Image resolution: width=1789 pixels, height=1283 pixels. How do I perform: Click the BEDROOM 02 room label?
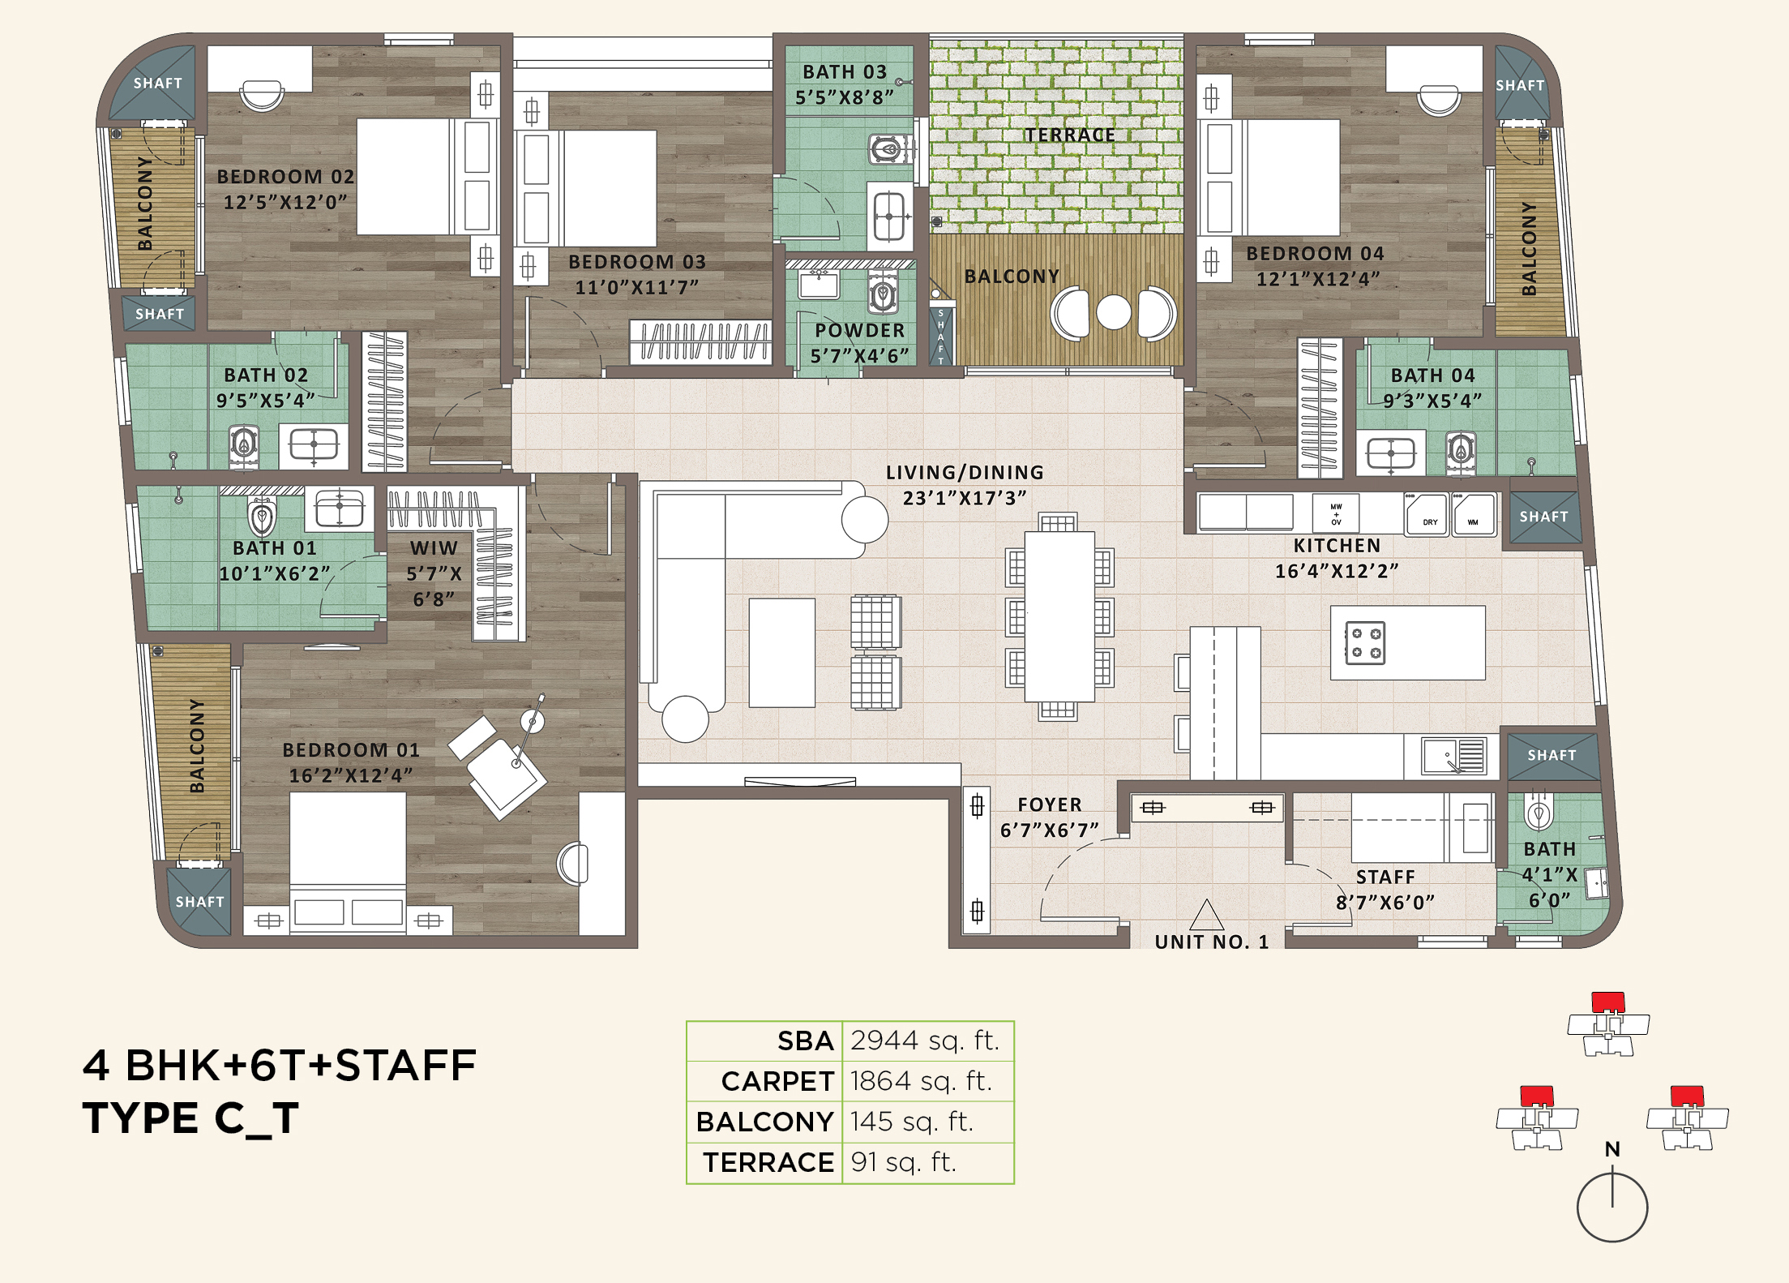tap(285, 177)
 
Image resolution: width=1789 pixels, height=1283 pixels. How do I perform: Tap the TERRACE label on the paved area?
tap(1069, 135)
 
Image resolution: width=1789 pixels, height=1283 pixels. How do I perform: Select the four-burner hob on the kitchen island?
tap(1365, 643)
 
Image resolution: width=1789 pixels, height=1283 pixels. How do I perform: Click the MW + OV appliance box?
tap(1336, 514)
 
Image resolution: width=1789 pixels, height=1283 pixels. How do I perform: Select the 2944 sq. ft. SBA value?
tap(924, 1041)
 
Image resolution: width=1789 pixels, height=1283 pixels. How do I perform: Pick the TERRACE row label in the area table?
tap(768, 1163)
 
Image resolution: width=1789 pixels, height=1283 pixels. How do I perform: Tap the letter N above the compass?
tap(1612, 1149)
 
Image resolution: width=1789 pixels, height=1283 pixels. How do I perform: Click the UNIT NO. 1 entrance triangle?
tap(1206, 916)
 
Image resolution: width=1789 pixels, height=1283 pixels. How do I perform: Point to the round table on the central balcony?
tap(1113, 312)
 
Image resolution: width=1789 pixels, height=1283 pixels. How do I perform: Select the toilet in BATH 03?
tap(887, 150)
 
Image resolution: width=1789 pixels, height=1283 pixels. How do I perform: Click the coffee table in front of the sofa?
tap(781, 653)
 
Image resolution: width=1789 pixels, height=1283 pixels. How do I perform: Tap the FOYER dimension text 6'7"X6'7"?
tap(1050, 830)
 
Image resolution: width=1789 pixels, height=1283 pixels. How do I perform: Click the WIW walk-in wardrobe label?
tap(434, 548)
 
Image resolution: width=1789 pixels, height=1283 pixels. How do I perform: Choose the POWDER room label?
tap(859, 330)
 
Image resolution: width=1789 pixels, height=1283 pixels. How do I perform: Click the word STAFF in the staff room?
tap(1385, 877)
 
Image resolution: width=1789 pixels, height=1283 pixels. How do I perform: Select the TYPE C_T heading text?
tap(191, 1118)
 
